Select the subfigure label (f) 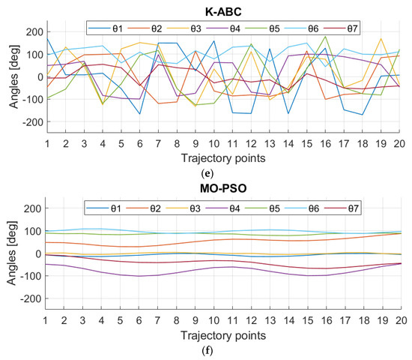(223, 348)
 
